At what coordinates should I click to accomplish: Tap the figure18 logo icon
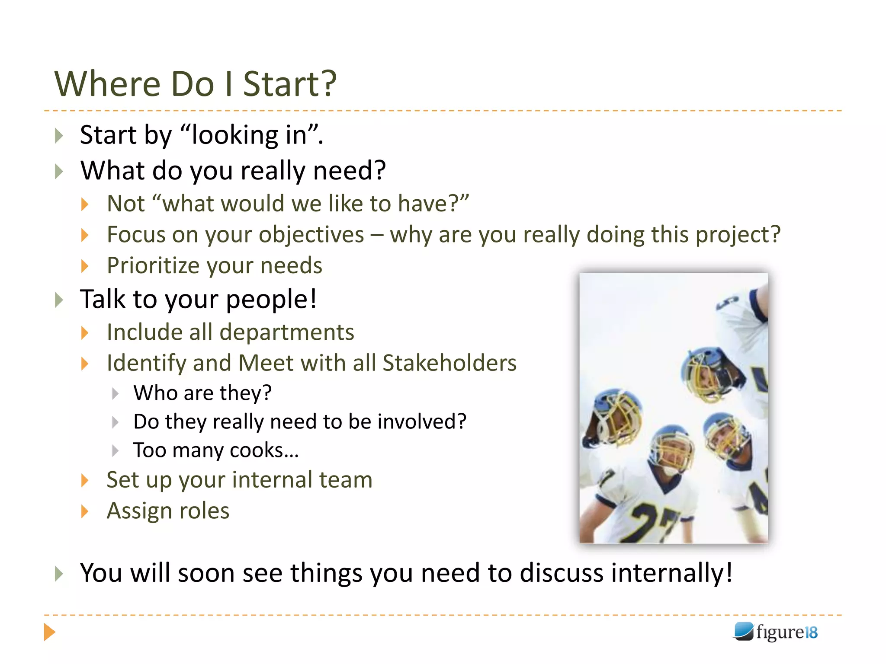click(744, 632)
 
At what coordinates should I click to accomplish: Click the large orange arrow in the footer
click(49, 632)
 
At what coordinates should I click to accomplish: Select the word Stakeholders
click(449, 363)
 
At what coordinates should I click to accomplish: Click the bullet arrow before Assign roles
click(85, 511)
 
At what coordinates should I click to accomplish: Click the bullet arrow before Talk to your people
click(59, 300)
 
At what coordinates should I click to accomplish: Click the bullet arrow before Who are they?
click(115, 393)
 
